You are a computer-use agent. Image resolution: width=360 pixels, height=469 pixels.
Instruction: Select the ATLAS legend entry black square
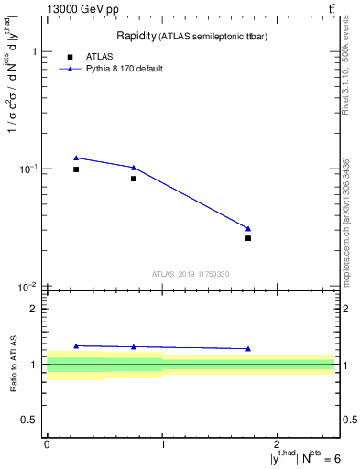(70, 57)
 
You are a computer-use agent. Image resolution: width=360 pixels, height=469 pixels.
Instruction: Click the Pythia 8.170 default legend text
(124, 69)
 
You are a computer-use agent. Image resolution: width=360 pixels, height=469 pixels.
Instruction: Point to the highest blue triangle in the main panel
(76, 158)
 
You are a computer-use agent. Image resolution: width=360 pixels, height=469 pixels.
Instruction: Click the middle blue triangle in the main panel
(134, 168)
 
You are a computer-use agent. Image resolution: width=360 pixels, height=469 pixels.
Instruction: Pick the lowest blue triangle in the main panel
(248, 228)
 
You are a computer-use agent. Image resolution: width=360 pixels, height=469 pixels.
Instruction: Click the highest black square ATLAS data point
(76, 169)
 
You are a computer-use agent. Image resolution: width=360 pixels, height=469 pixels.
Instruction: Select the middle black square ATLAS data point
(134, 179)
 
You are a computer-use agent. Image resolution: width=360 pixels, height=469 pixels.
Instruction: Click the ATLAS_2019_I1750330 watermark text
(191, 274)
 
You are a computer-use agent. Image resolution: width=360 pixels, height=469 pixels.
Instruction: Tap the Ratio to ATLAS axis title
(13, 364)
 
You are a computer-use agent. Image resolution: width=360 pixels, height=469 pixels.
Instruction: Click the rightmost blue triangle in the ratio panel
(248, 348)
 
